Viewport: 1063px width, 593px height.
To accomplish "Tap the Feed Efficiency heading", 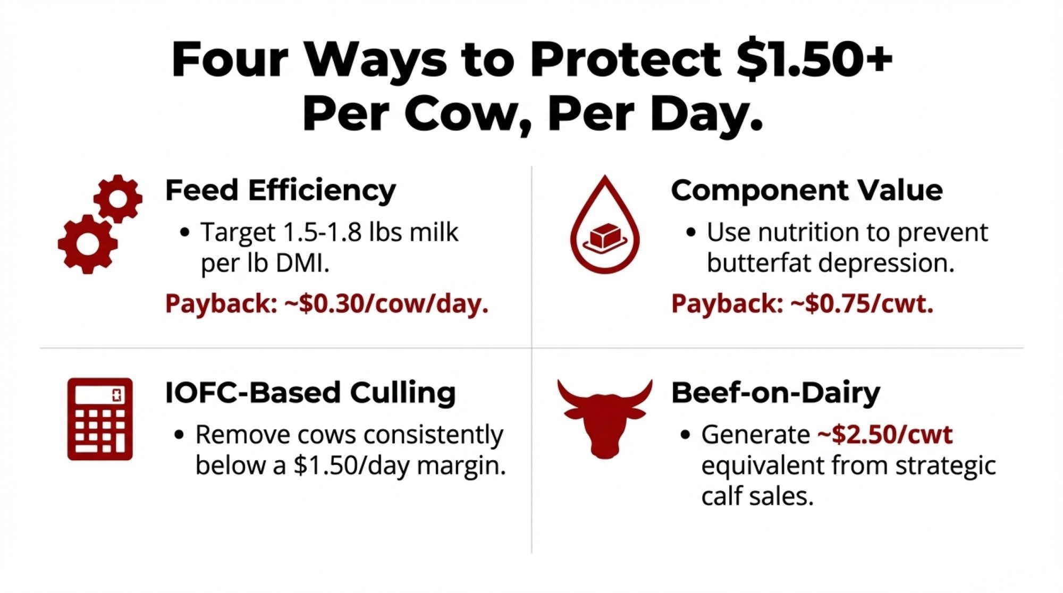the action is click(x=281, y=191).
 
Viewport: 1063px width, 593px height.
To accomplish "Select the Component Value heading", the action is click(x=807, y=190).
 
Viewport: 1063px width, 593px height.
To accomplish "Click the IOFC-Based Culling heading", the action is click(x=310, y=393).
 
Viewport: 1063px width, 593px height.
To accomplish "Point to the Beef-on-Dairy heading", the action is click(x=775, y=393).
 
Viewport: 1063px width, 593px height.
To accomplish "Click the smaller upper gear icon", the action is click(x=118, y=199).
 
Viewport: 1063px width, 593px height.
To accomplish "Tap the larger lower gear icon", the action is click(x=88, y=244).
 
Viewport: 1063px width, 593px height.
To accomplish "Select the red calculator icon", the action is click(x=100, y=419).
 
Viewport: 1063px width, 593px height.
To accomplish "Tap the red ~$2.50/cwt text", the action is click(x=885, y=435).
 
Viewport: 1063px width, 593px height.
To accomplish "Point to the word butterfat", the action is click(x=758, y=263).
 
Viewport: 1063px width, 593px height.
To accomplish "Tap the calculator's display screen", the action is click(x=100, y=395).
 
